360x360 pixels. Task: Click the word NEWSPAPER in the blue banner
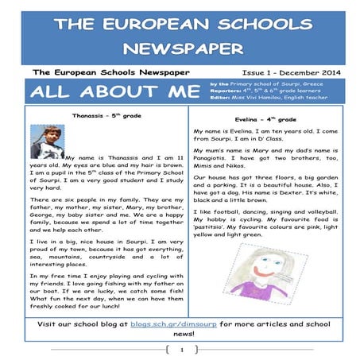click(180, 49)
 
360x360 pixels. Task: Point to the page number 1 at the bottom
click(181, 350)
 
